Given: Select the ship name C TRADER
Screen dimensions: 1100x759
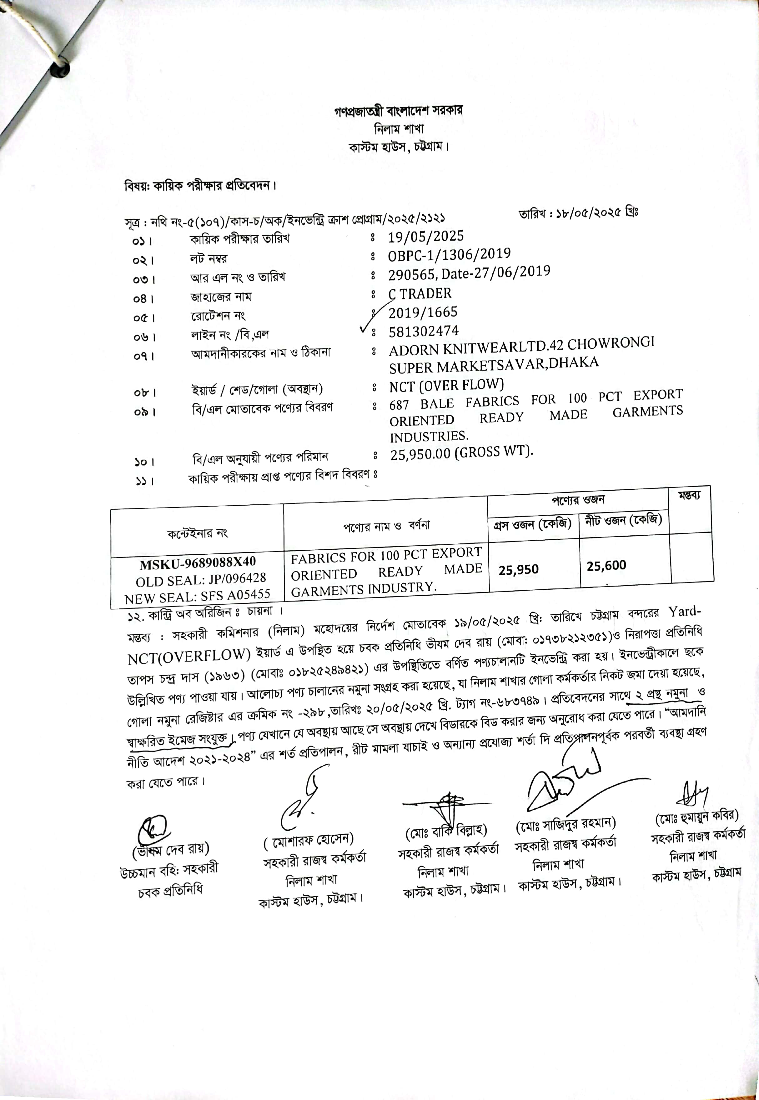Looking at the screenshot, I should tap(420, 294).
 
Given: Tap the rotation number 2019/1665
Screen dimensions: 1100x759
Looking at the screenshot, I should tap(423, 312).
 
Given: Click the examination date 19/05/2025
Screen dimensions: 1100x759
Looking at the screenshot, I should tap(426, 236).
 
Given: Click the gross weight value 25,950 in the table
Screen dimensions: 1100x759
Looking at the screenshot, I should tap(518, 569).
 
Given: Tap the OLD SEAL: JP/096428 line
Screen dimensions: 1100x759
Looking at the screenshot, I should tap(201, 580).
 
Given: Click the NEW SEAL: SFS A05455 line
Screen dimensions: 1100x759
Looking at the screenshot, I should tap(197, 595).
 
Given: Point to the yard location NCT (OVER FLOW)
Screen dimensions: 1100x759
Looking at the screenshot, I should tap(446, 386).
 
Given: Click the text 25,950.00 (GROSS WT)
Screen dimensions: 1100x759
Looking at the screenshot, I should tap(461, 452).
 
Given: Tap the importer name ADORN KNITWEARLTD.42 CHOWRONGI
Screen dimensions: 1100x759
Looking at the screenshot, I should tap(521, 346).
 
